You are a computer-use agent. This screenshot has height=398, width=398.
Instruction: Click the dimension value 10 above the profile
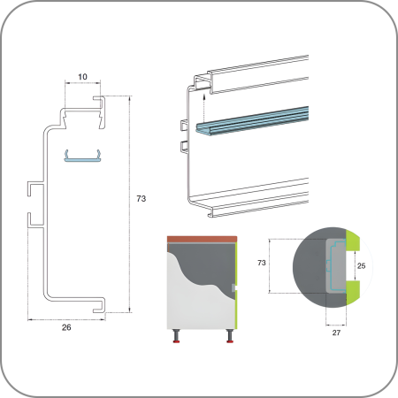[82, 77]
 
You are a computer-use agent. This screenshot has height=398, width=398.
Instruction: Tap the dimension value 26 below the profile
[66, 327]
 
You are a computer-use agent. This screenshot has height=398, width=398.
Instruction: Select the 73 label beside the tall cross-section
[142, 199]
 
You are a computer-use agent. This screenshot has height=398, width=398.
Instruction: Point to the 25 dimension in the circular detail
[361, 266]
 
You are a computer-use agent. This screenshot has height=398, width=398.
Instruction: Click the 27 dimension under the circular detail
[336, 333]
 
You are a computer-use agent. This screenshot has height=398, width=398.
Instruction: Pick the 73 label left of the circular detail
[262, 263]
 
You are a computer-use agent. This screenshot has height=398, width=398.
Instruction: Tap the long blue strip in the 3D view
[252, 120]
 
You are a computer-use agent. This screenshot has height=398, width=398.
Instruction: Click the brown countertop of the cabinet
[202, 239]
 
